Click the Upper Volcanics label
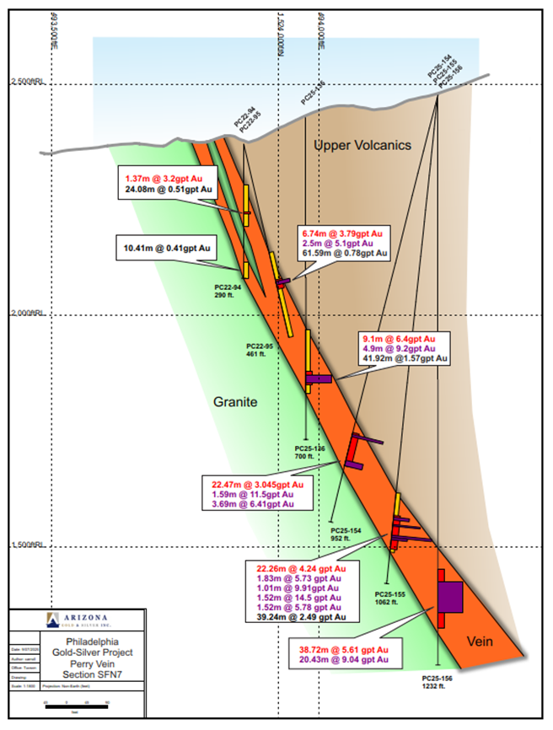(x=362, y=146)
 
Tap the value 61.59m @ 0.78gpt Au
(x=343, y=253)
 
